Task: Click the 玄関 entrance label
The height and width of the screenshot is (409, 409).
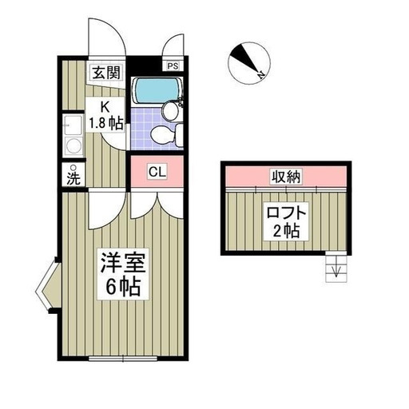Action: click(x=106, y=72)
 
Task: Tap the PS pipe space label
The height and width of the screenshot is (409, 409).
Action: click(x=173, y=66)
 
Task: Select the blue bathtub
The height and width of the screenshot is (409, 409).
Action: click(x=157, y=91)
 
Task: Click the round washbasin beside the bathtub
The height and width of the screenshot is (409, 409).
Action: click(x=170, y=111)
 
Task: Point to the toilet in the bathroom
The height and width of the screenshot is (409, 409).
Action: click(x=165, y=135)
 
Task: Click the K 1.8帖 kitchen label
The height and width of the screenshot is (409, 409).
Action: click(x=105, y=115)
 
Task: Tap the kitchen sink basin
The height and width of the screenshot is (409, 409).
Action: click(x=73, y=125)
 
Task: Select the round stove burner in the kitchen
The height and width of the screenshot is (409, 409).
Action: click(x=73, y=146)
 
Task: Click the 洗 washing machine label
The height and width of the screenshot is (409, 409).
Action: click(x=73, y=178)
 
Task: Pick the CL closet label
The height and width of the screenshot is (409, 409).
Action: click(x=157, y=172)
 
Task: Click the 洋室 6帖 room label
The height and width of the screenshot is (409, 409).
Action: click(x=123, y=274)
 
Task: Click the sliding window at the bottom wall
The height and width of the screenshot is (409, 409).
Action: click(x=122, y=359)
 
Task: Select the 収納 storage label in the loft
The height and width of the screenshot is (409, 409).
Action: click(x=286, y=177)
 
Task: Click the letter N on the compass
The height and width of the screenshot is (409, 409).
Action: click(x=260, y=76)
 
